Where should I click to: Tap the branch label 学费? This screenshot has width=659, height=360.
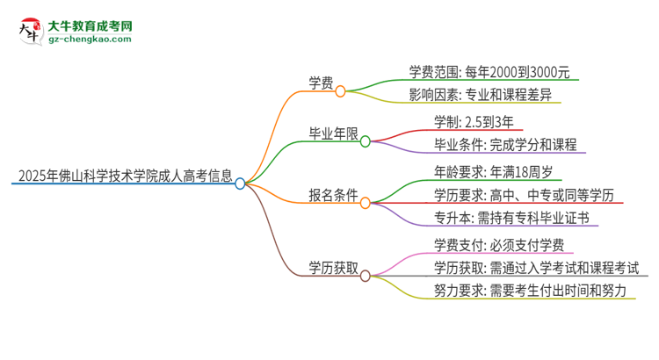coord(320,83)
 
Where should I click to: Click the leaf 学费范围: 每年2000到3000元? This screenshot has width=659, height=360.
coord(494,72)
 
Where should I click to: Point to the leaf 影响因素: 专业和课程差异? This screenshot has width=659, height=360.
coord(481,94)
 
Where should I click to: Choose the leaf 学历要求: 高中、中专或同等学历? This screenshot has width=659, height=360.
coord(524,194)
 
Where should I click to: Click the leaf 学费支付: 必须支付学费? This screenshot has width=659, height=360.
coord(493,244)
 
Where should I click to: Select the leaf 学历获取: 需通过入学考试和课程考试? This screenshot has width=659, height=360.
coord(536,267)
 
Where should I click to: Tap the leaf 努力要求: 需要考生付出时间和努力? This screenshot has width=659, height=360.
coord(530,291)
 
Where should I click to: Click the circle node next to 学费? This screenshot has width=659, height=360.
coord(340,90)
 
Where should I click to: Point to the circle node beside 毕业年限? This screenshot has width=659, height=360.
coord(365,140)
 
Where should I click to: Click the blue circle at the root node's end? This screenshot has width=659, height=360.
coord(240,184)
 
